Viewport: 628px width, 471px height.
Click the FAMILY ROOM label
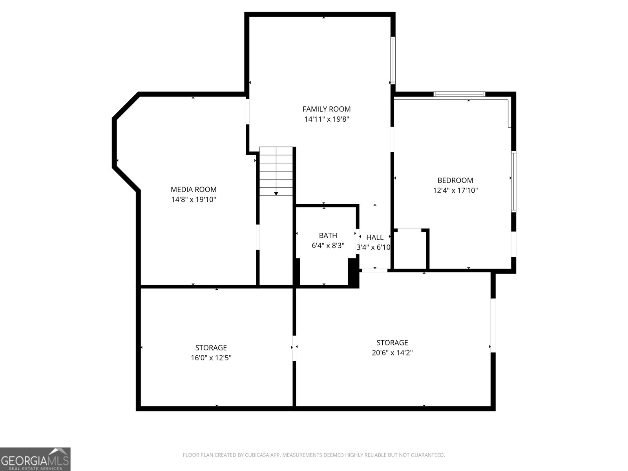click(326, 109)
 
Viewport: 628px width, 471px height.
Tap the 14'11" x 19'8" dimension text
click(326, 119)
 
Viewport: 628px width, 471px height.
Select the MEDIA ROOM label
click(194, 190)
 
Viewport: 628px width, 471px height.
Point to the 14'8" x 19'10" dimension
click(194, 200)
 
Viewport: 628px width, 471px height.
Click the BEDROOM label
click(455, 181)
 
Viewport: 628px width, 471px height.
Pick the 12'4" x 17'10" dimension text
click(455, 191)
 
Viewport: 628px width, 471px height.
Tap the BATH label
click(328, 235)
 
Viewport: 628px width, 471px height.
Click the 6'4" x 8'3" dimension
click(328, 246)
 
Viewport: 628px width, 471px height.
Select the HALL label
click(375, 237)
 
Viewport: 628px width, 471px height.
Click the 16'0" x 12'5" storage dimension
click(211, 358)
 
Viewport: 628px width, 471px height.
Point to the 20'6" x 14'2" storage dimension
click(392, 353)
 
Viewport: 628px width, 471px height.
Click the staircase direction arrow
click(276, 194)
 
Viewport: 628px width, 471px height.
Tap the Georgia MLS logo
click(35, 459)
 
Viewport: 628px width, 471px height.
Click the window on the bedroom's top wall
click(459, 94)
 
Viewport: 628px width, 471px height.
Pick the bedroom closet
click(410, 249)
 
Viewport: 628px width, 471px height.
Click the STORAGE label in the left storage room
click(211, 348)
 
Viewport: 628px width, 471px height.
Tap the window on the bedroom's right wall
click(513, 181)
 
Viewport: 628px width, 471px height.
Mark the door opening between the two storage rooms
click(294, 347)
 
